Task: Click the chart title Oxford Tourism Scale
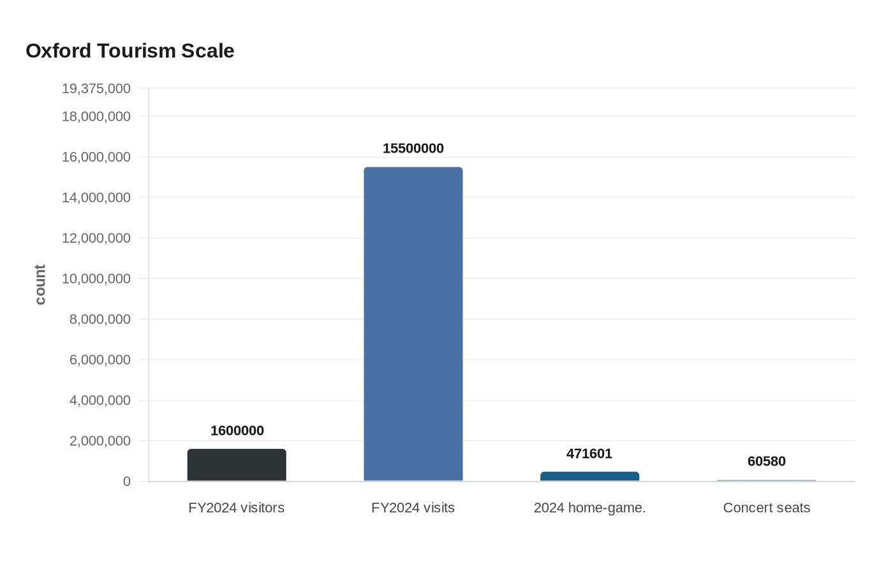(x=130, y=51)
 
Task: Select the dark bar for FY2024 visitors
(x=237, y=465)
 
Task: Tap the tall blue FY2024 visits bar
(x=413, y=324)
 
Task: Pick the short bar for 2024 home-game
(x=590, y=476)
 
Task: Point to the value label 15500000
(x=413, y=148)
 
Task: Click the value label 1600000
(x=237, y=430)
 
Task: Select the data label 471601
(x=589, y=454)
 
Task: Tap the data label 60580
(x=767, y=461)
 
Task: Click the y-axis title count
(x=40, y=285)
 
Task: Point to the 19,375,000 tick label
(x=96, y=89)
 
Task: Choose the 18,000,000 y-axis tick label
(x=96, y=116)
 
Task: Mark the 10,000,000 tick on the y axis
(x=96, y=278)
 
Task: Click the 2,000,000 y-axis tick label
(x=100, y=441)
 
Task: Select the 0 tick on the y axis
(x=127, y=482)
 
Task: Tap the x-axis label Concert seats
(x=767, y=508)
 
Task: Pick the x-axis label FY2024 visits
(x=413, y=508)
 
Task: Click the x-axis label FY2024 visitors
(x=237, y=508)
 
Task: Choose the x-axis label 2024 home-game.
(x=589, y=508)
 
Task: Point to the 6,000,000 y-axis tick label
(x=100, y=360)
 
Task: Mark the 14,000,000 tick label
(x=96, y=197)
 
